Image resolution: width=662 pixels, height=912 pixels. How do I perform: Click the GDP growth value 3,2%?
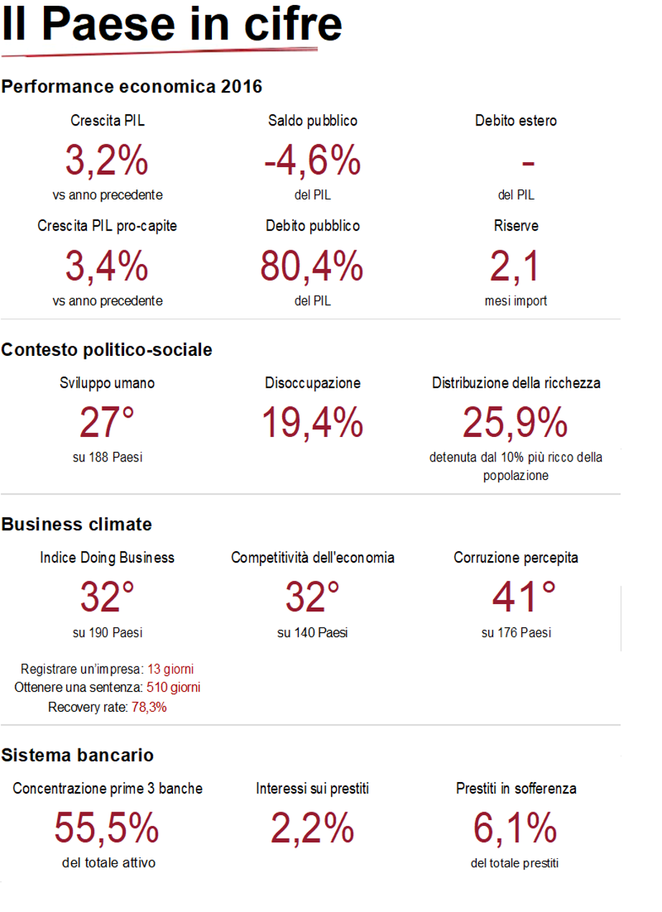click(x=107, y=160)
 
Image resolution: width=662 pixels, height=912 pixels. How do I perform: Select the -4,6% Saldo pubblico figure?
click(x=312, y=160)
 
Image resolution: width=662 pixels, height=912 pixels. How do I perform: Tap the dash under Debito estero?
click(x=528, y=164)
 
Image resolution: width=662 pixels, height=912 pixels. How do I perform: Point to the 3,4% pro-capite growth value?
click(x=107, y=266)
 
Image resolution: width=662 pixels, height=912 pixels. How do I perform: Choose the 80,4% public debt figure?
click(x=312, y=266)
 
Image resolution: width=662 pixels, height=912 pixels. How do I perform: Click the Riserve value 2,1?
click(x=515, y=266)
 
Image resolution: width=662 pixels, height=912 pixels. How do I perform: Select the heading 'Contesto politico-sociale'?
click(x=107, y=349)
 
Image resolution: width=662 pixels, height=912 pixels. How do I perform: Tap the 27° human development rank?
click(x=107, y=423)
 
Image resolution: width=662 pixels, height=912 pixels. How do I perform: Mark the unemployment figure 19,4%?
click(x=312, y=423)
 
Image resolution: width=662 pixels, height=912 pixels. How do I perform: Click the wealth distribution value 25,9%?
click(x=516, y=423)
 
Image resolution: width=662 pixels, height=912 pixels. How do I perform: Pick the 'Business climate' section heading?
click(x=77, y=525)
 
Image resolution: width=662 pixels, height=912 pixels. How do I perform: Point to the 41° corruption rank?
click(x=524, y=598)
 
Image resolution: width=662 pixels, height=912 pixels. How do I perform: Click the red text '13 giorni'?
click(x=170, y=669)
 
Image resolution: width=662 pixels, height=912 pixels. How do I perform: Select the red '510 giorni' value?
click(x=173, y=687)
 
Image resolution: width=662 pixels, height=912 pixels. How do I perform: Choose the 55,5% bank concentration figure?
click(x=107, y=829)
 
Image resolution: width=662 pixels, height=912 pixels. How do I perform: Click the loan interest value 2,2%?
click(x=312, y=829)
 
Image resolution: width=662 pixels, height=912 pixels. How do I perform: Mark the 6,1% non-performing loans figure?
click(x=515, y=829)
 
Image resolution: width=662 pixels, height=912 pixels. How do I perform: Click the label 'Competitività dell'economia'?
click(x=312, y=558)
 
